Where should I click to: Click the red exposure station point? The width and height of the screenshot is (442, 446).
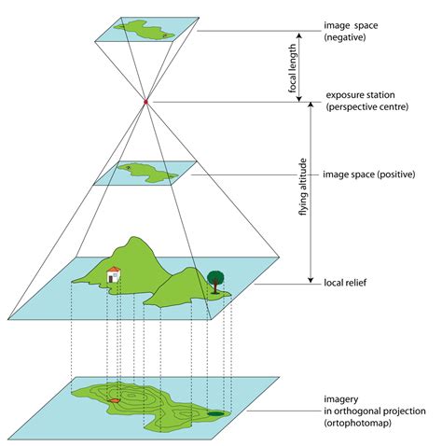(x=146, y=101)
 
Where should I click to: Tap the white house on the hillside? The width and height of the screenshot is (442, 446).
(x=113, y=275)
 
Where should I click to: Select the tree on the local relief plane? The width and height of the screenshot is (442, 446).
(x=216, y=278)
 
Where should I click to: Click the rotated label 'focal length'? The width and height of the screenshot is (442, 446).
(x=294, y=66)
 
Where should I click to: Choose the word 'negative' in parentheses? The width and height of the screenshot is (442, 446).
(x=349, y=38)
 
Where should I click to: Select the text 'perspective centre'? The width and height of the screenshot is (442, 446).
(x=364, y=108)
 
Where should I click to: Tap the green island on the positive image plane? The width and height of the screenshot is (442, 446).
(x=149, y=172)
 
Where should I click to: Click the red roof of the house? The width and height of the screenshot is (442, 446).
(x=113, y=269)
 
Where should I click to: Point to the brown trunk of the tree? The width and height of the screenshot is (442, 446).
(x=216, y=288)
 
